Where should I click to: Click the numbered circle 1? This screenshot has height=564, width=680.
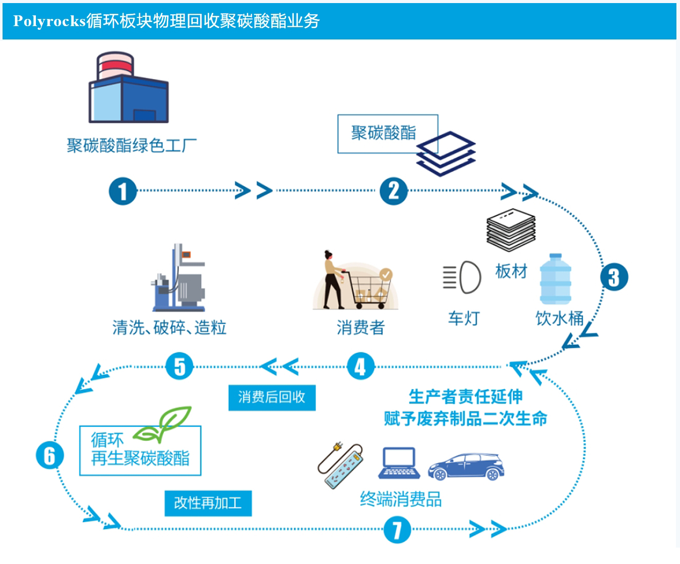pos(123,192)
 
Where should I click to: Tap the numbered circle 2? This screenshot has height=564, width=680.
pos(393,192)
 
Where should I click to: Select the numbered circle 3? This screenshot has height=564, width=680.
pos(614,277)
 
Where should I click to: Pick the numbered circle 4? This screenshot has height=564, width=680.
pos(361,367)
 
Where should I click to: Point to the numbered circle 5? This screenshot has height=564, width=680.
pos(179,367)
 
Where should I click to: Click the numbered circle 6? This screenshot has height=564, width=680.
pos(50,455)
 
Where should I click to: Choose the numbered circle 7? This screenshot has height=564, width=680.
pos(397,530)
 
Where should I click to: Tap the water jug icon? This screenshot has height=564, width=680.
pos(555,280)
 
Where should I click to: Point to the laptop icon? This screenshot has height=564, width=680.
pos(399,463)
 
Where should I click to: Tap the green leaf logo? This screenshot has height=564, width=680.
pos(163,425)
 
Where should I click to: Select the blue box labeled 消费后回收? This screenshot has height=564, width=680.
pos(272,398)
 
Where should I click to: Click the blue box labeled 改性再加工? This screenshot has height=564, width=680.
pos(208,503)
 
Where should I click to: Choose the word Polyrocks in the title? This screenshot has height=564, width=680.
pos(49,21)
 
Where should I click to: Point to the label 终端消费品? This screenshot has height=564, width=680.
pos(401,499)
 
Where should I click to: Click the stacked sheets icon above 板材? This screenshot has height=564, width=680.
pos(511,230)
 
